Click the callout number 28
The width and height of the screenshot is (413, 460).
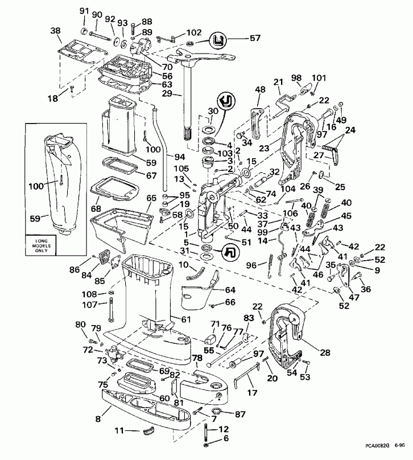(325, 353)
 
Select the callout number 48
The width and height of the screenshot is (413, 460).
(261, 89)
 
